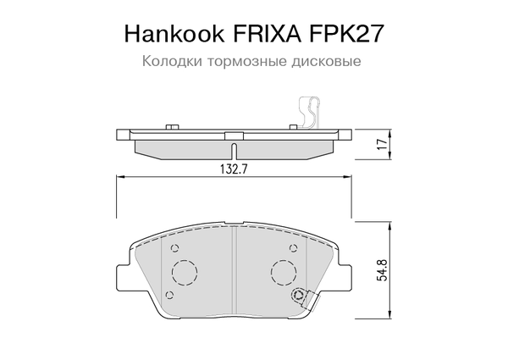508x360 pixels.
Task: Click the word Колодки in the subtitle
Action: pos(168,62)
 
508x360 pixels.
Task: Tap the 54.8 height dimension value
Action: pos(382,270)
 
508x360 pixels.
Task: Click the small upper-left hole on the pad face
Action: pos(174,249)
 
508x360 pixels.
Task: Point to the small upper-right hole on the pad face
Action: pos(294,249)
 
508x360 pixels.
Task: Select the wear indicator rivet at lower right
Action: pos(298,295)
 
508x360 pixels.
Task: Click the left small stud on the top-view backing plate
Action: pos(174,127)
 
